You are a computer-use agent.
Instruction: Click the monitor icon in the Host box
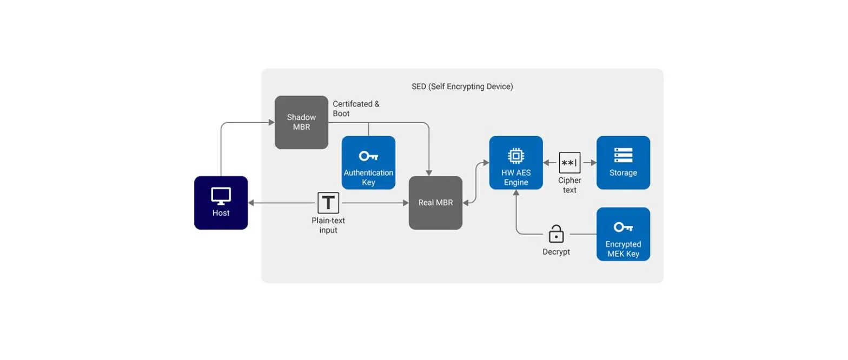click(221, 196)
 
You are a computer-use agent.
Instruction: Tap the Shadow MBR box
click(301, 122)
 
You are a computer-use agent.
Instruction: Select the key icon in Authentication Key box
click(368, 156)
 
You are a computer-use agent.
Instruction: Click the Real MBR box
click(435, 203)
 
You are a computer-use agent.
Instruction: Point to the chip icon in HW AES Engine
click(516, 156)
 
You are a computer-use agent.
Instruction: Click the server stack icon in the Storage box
click(623, 155)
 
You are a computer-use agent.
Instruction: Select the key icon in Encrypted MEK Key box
click(623, 227)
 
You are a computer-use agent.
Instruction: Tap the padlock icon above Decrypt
click(556, 235)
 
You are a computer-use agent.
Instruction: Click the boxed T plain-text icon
click(328, 203)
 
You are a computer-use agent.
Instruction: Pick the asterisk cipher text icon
click(569, 163)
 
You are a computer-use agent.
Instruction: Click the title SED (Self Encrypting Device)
click(462, 86)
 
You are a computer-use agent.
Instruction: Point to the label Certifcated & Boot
click(356, 109)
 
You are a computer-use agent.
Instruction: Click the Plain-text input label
click(328, 225)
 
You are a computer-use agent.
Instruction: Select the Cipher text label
click(569, 185)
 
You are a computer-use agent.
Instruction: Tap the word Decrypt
click(556, 252)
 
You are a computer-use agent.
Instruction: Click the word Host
click(221, 213)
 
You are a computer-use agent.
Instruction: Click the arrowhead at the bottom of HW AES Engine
click(516, 193)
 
